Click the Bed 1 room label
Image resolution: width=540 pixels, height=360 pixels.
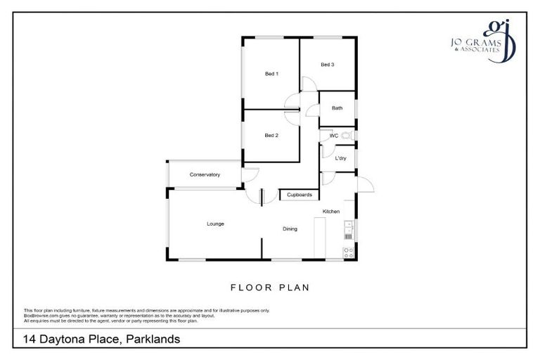pos(271,74)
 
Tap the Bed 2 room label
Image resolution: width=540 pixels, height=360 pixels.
pos(271,135)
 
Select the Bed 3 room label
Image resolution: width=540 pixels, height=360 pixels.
pos(327,65)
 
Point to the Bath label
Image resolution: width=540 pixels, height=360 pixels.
pos(337,108)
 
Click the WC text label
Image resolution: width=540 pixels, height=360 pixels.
pos(334,135)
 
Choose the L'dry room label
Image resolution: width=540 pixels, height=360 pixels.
pos(340,158)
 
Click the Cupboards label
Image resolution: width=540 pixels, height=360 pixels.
pos(300,195)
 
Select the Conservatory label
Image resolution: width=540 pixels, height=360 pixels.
pos(205,174)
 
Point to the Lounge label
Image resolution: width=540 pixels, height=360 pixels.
pos(215,224)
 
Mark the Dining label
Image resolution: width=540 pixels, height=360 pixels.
pos(290,229)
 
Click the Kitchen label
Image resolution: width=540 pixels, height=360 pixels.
pos(331,212)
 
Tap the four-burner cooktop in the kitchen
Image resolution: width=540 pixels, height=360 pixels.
pos(347,252)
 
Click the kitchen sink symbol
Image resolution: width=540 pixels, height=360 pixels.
pos(347,226)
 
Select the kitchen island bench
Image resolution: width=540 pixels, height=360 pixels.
pos(320,238)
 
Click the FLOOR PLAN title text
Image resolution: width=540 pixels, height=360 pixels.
pos(270,288)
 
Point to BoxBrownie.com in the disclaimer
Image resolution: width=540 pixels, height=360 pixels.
pos(38,316)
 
